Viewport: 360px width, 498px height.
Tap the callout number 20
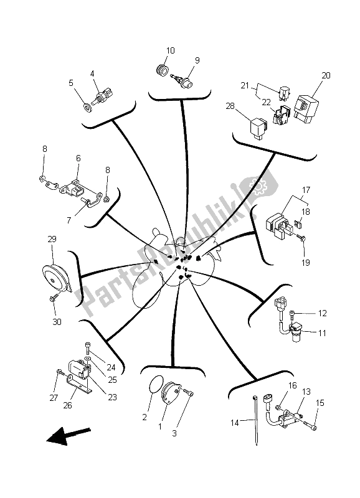coord(326,75)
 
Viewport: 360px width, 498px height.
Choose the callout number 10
coord(171,50)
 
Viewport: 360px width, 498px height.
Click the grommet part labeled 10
coord(163,69)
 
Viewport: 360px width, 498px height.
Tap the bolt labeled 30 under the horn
coord(54,301)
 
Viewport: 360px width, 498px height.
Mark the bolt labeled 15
coord(311,425)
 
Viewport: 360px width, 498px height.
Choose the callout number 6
coord(78,159)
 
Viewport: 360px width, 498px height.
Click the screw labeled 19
coord(300,238)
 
